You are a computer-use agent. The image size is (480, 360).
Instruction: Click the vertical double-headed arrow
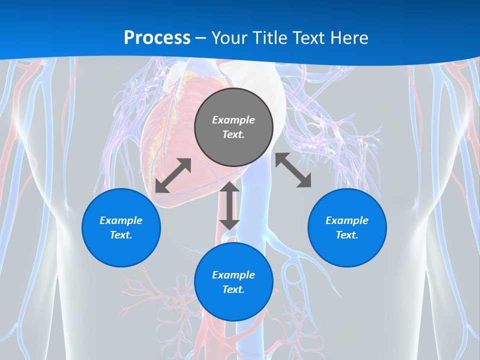229,206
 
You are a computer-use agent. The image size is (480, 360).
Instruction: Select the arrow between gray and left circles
173,175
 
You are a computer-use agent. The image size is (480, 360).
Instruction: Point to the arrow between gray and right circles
293,170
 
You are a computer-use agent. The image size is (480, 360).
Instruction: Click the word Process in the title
157,37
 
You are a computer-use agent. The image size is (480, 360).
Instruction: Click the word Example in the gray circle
233,120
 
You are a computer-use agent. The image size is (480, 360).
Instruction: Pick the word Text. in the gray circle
233,134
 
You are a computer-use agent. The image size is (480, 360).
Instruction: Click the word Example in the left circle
121,220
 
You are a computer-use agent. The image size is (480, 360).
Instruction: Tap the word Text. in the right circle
347,235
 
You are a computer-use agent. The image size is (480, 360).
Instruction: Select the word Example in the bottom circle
233,275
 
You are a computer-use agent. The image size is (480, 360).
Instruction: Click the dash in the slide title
201,38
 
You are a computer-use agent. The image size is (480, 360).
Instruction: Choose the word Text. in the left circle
121,235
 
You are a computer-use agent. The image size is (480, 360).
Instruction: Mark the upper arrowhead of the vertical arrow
229,187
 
